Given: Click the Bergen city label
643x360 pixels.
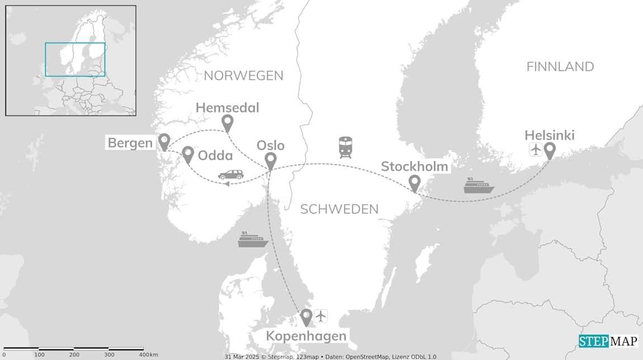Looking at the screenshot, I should pos(130,143).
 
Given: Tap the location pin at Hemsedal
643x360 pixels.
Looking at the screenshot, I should pos(227,122).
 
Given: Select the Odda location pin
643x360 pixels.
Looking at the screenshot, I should pos(188,154).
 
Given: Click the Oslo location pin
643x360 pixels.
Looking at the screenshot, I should pos(271,160).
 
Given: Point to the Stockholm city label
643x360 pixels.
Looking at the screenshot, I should pos(414,167).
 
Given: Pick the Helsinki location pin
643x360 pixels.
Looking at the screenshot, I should pos(550,150).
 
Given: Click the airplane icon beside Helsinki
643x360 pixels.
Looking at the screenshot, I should pos(535,150).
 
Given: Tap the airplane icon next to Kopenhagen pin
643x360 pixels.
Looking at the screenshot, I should pos(320,316).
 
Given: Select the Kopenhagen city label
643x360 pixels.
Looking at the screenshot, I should pos(306,336).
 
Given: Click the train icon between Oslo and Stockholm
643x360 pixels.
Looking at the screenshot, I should pos(345,147).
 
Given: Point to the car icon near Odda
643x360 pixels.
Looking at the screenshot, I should pos(231,175).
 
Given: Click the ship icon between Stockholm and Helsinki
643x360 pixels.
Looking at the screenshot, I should pos(479,186).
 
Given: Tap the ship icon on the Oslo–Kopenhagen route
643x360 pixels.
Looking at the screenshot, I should pos(253,240).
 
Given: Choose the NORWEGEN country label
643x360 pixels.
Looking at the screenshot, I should pos(243,75).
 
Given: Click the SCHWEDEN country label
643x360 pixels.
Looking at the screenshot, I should pos(339,209).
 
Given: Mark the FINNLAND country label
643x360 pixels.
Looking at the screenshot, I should pos(560,67).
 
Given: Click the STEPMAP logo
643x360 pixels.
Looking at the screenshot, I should pos(607,341).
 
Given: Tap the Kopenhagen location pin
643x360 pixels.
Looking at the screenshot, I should pos(306,317).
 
